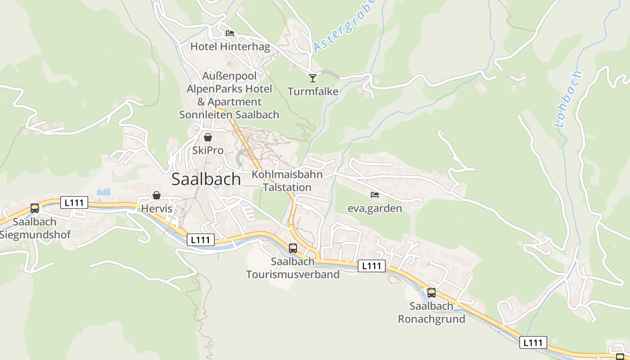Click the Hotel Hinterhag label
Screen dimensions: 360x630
click(x=230, y=46)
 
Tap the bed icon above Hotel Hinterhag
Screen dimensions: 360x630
click(x=230, y=33)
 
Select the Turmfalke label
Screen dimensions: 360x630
click(x=313, y=91)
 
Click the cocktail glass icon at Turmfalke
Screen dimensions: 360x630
click(x=313, y=78)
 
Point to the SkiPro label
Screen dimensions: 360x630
click(x=208, y=150)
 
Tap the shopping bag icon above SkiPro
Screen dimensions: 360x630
click(x=208, y=137)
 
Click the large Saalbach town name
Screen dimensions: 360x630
click(x=206, y=179)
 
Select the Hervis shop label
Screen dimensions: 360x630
click(x=157, y=209)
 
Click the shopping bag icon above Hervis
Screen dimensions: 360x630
click(x=157, y=195)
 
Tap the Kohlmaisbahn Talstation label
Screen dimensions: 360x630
click(x=287, y=181)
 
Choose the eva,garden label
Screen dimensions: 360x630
click(x=374, y=208)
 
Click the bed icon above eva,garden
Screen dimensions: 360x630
click(x=374, y=195)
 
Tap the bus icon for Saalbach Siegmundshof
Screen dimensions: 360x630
click(x=35, y=208)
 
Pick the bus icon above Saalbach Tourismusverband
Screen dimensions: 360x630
click(x=293, y=248)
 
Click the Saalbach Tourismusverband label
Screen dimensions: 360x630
click(x=292, y=268)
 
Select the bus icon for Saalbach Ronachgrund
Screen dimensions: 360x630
click(x=432, y=293)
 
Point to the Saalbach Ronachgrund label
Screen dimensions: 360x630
click(x=432, y=313)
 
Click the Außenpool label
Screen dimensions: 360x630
click(x=229, y=76)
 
